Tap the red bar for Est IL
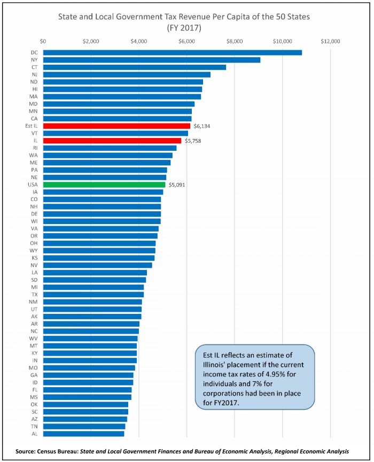tap(116, 126)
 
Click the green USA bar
tap(104, 184)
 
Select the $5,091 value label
tap(178, 184)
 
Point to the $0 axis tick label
tap(43, 41)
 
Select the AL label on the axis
tap(35, 434)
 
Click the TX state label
tap(35, 295)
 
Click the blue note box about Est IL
tap(254, 377)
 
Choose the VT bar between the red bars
tap(115, 133)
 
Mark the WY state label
tap(35, 250)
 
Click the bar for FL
tap(87, 390)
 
